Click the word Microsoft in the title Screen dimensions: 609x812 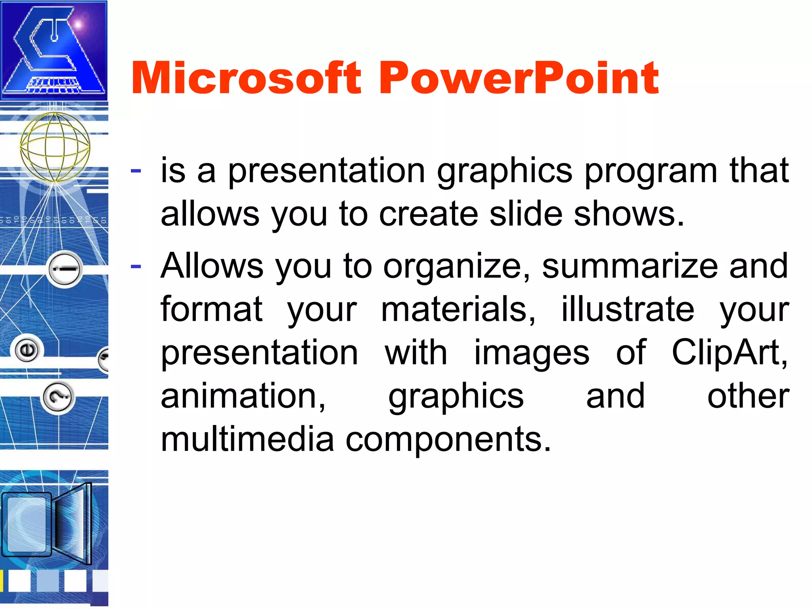(x=246, y=78)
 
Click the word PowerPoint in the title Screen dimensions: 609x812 (x=519, y=78)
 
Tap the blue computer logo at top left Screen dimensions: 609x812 (x=54, y=50)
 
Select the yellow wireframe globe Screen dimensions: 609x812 (x=55, y=147)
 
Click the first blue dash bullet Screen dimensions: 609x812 (x=136, y=171)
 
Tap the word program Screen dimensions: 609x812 (x=651, y=171)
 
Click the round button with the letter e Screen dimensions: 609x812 (x=27, y=350)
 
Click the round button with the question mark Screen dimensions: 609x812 (x=58, y=397)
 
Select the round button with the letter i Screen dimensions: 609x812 (x=65, y=269)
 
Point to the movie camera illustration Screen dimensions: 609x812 (x=48, y=523)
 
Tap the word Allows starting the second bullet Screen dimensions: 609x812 (x=212, y=266)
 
